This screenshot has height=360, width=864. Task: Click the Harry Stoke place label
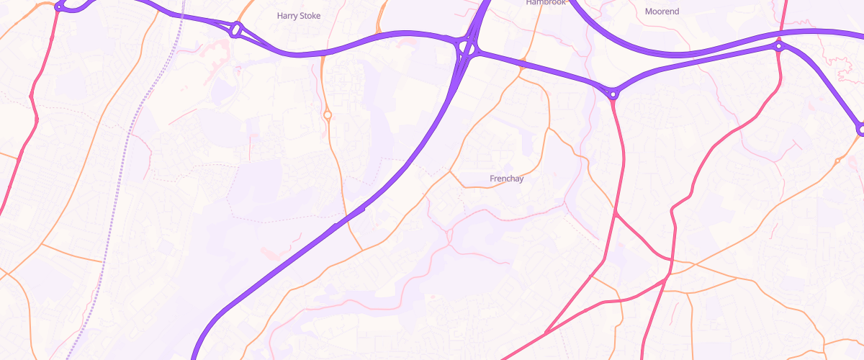(x=299, y=15)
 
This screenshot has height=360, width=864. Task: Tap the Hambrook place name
(x=547, y=3)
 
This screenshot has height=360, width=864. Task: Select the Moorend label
(x=662, y=12)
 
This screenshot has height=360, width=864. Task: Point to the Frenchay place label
(x=506, y=179)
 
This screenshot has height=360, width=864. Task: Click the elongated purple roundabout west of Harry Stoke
(x=236, y=30)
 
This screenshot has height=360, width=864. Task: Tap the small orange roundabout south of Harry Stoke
(x=328, y=114)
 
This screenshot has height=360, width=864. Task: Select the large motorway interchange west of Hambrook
(x=467, y=49)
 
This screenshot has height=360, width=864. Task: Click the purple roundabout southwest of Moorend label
(x=613, y=94)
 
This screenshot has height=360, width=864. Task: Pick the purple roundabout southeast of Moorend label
(x=779, y=46)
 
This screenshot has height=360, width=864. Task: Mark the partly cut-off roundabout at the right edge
(x=861, y=130)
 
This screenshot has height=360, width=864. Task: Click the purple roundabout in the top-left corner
(x=60, y=6)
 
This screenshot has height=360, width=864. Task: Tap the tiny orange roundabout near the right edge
(x=837, y=160)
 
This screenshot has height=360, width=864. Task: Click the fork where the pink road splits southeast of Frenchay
(x=616, y=213)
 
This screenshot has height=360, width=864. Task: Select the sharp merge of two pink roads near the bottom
(x=545, y=333)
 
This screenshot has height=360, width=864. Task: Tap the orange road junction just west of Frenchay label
(x=450, y=172)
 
